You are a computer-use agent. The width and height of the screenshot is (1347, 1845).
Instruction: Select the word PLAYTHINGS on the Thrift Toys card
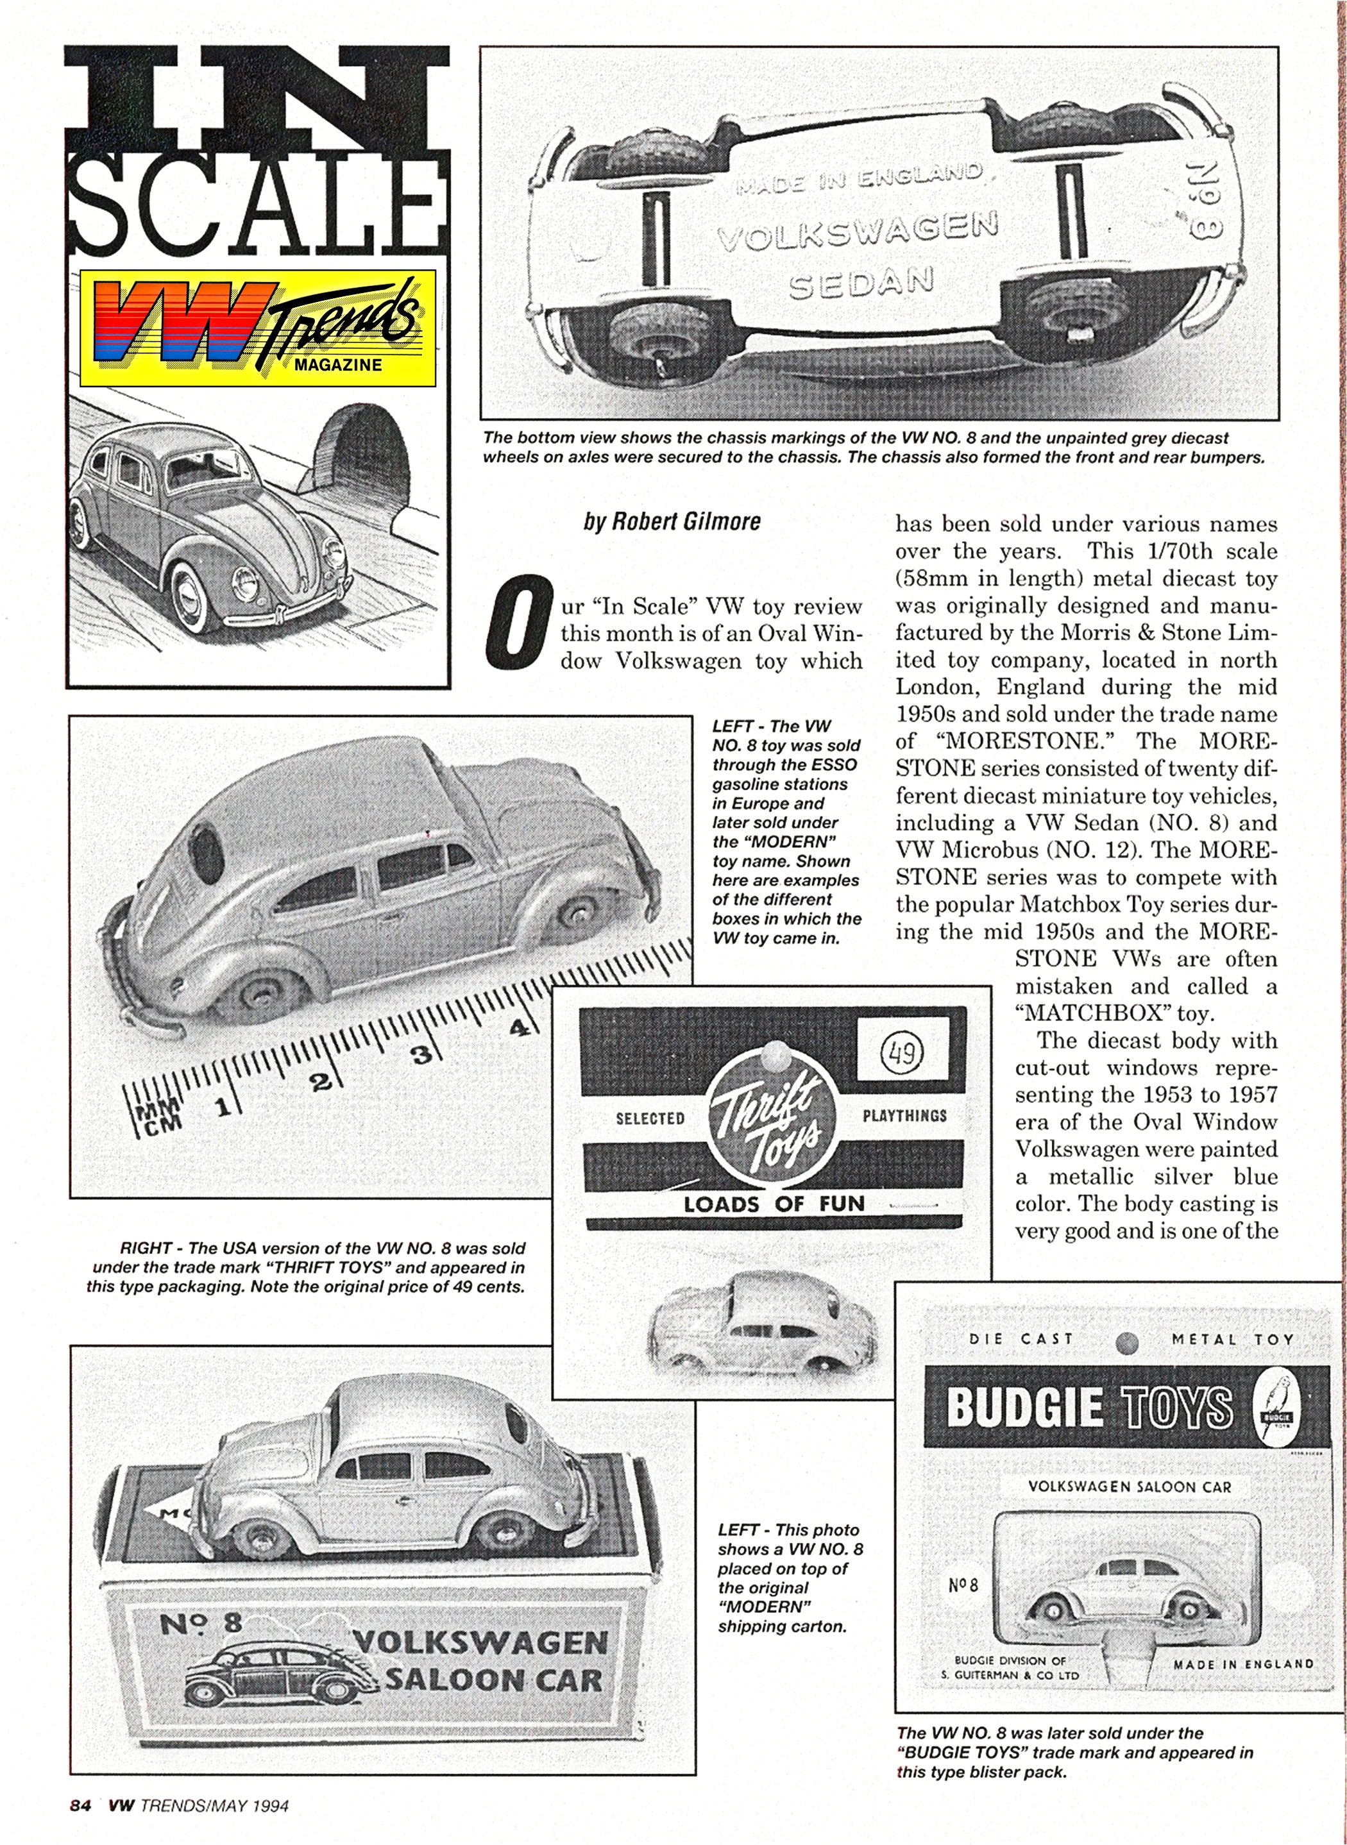tap(904, 1115)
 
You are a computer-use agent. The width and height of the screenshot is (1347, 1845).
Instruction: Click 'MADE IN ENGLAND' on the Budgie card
tap(1244, 1663)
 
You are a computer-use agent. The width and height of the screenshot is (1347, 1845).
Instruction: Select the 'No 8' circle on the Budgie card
tap(963, 1585)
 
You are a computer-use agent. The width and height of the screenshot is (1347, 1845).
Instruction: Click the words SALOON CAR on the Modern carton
tap(493, 1680)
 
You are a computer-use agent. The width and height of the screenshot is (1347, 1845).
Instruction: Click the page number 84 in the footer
tap(80, 1805)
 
